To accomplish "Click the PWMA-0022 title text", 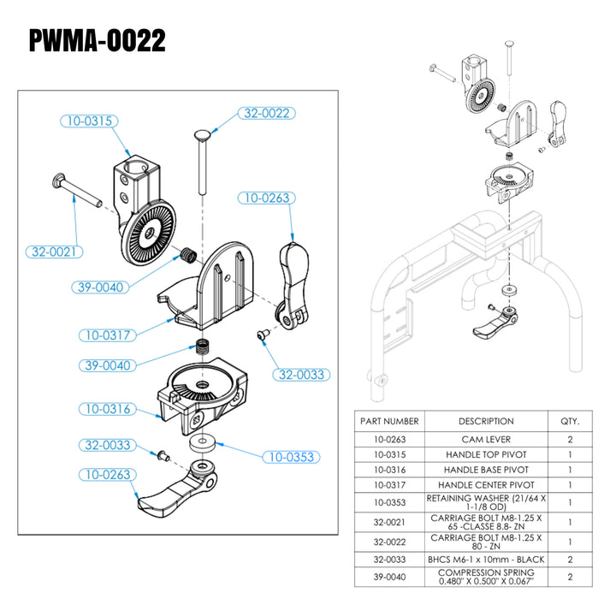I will tap(98, 41).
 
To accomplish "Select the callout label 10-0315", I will tap(88, 121).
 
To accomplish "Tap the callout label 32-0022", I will tap(265, 113).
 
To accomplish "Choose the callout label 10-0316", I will tap(108, 409).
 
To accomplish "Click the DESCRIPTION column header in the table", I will tap(486, 421).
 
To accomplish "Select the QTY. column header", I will tap(570, 421).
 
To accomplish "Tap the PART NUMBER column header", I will tap(389, 421).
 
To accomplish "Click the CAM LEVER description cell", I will tap(486, 439).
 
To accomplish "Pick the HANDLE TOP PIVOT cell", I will tap(486, 454).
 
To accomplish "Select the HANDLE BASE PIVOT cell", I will tap(486, 471).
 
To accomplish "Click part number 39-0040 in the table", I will tap(389, 577).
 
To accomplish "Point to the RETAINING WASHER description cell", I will tap(486, 502).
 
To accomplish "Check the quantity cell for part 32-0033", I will tap(570, 560).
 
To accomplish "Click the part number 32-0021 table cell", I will tap(389, 521).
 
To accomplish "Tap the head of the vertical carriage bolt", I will tap(204, 137).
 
